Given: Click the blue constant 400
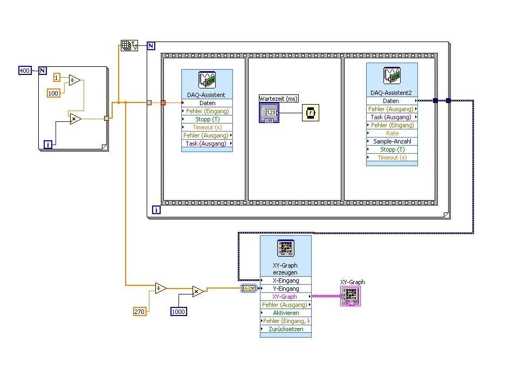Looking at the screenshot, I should click(25, 71).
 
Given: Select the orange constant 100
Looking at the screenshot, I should click(53, 93).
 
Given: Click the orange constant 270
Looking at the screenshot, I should click(140, 311).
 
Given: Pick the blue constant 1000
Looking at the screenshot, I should click(179, 311).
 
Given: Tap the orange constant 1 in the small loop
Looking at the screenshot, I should click(57, 77).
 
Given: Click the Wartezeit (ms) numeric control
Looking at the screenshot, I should click(269, 112).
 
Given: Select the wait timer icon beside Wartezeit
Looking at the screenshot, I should click(310, 113).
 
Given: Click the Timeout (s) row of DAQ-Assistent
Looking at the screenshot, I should click(207, 127).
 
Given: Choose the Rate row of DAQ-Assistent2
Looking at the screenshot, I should click(392, 133).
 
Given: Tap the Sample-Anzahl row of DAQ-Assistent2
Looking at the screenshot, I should click(392, 141).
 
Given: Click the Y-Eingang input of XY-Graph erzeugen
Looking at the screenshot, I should click(285, 289).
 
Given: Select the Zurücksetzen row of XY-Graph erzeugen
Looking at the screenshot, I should click(285, 329).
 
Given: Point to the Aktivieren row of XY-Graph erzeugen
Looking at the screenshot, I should click(285, 313).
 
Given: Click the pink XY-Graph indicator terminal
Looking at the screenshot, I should click(349, 296).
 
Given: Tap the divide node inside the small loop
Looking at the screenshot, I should click(74, 80).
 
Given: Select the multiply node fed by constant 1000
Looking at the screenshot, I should click(198, 292).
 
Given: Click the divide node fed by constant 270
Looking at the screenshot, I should click(160, 289).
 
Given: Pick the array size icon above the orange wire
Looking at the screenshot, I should click(129, 46).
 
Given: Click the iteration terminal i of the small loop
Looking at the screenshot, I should click(48, 144).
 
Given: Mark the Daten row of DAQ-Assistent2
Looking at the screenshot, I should click(392, 101).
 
